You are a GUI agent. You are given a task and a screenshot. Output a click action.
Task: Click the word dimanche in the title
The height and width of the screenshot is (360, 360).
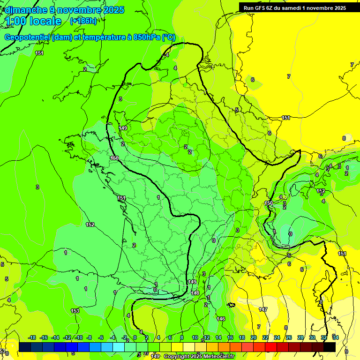26,10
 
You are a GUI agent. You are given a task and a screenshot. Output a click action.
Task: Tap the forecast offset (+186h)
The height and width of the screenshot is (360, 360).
83,21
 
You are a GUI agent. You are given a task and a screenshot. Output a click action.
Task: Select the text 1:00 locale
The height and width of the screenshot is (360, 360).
33,21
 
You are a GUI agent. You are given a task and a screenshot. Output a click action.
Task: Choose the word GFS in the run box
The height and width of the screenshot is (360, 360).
260,8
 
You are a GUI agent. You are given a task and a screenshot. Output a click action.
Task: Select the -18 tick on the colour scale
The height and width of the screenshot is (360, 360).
32,337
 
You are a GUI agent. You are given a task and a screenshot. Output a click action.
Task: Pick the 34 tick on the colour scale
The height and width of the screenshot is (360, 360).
335,337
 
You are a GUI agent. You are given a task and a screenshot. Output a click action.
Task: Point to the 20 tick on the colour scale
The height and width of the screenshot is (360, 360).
254,337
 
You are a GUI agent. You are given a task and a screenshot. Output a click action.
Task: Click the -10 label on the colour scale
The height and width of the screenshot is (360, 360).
79,337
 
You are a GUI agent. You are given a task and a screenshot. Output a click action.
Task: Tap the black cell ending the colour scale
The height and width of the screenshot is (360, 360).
330,347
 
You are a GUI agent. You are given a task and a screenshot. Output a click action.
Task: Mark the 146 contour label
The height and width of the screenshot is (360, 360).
221,319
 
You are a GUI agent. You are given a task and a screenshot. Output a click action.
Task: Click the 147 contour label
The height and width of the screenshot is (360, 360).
263,310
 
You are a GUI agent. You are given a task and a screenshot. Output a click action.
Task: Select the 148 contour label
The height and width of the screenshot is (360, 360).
195,293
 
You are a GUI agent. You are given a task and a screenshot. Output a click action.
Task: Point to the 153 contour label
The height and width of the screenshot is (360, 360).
75,311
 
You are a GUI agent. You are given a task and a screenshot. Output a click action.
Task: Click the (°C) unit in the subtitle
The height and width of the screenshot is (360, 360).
169,37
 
